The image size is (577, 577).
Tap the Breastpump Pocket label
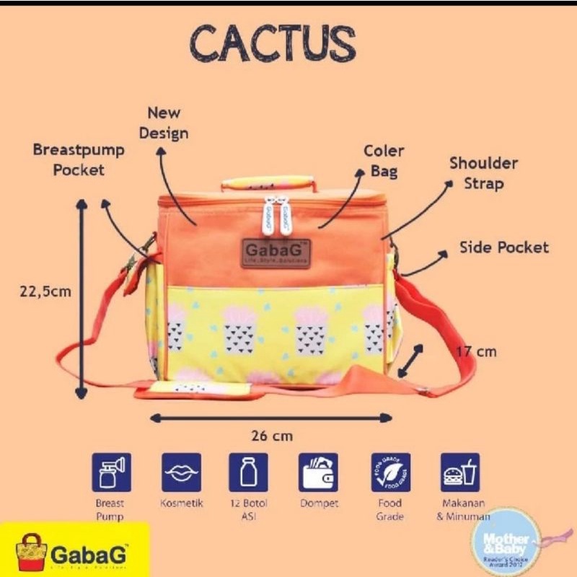[79, 160]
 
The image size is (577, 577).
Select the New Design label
[164, 123]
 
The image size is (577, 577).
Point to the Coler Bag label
[384, 161]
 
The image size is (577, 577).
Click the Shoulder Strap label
[483, 173]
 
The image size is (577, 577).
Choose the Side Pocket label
[504, 247]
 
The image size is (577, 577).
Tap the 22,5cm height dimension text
[45, 291]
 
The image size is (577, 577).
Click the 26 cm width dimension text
[271, 436]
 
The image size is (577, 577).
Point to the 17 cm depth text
[477, 351]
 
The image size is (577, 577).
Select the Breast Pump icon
[111, 473]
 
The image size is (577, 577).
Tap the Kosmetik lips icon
[181, 473]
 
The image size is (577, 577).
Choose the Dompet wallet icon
[318, 473]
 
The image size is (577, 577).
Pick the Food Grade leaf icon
[390, 473]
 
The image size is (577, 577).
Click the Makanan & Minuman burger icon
[460, 473]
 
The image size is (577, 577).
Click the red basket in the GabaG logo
[31, 552]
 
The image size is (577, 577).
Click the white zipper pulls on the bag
[276, 213]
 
